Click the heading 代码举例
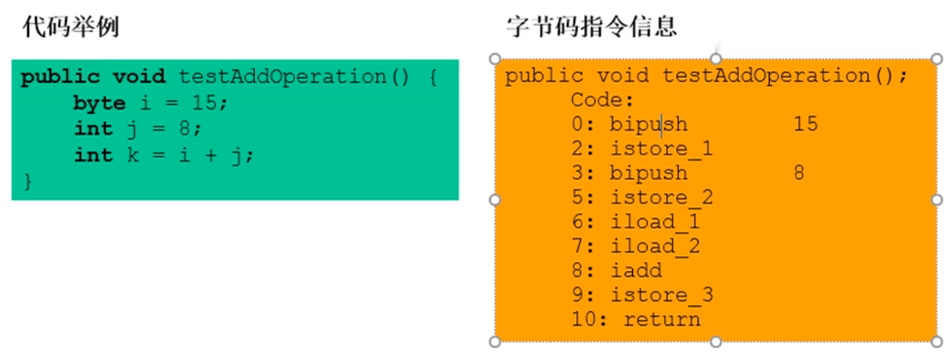tap(71, 27)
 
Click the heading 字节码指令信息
tap(591, 27)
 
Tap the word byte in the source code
tap(100, 104)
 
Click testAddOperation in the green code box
tap(283, 77)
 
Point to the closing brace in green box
tap(27, 182)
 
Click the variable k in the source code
tap(133, 156)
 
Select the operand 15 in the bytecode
tap(805, 125)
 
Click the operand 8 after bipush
tap(799, 173)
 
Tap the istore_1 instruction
tap(661, 149)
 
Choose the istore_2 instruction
tap(661, 198)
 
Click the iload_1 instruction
tap(655, 222)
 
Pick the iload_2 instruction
tap(655, 247)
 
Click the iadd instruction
tap(635, 271)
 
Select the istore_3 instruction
tap(661, 295)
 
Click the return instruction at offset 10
tap(661, 320)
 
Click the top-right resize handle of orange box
tap(937, 59)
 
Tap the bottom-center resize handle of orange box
tap(715, 342)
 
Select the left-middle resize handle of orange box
tap(494, 199)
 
